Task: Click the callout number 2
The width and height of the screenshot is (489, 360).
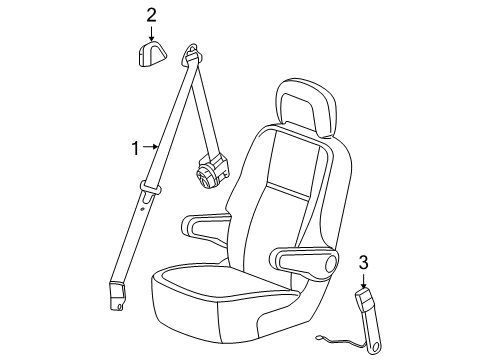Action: point(152,14)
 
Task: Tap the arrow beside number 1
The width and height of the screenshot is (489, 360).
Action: point(152,148)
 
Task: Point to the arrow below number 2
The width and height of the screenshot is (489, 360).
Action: point(152,33)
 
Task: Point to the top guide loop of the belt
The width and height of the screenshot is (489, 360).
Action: point(190,54)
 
